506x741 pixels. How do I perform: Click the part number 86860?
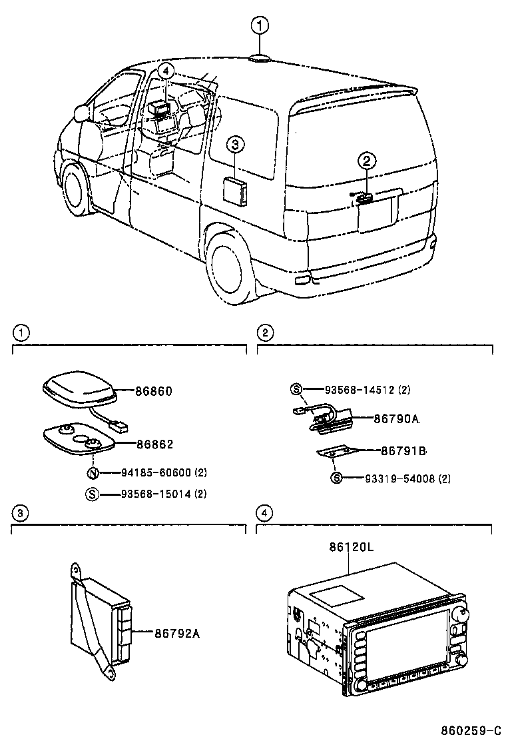pyautogui.click(x=154, y=392)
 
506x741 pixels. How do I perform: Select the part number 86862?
pyautogui.click(x=154, y=442)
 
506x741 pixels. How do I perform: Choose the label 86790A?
pyautogui.click(x=396, y=418)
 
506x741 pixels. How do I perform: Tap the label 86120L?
pyautogui.click(x=351, y=547)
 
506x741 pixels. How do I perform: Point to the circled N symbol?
pyautogui.click(x=94, y=474)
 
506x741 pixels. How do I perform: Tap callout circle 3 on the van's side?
pyautogui.click(x=235, y=145)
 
